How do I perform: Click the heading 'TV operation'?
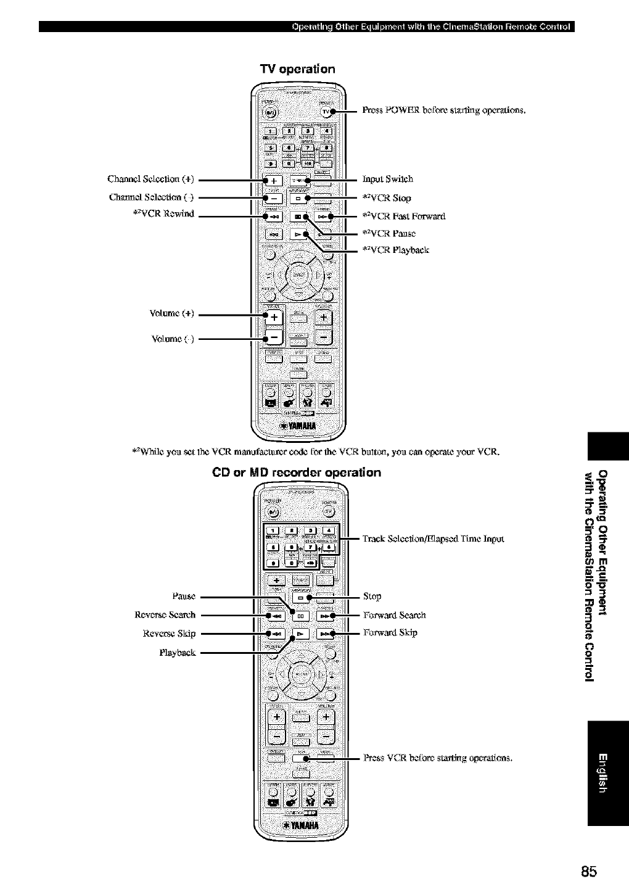(298, 68)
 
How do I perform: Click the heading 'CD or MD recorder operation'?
(297, 473)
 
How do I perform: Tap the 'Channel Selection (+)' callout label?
(150, 180)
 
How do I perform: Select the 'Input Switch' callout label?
(387, 180)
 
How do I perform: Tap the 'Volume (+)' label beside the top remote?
(172, 313)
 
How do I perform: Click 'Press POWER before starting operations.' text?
(443, 110)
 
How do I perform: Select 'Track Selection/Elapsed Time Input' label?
(433, 539)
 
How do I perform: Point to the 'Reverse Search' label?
(165, 615)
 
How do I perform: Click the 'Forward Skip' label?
(390, 632)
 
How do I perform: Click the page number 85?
(588, 871)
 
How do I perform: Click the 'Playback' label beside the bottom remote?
(178, 653)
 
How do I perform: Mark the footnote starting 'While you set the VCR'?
(315, 452)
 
